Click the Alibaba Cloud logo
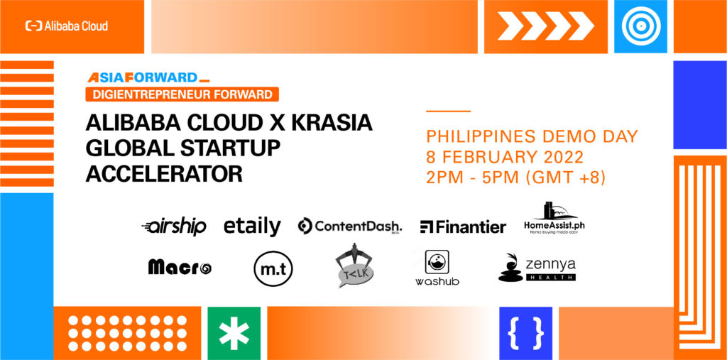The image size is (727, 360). tap(67, 26)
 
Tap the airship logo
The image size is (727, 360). tap(174, 227)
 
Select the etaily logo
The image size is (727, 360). tap(252, 227)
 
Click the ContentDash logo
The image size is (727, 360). tap(349, 227)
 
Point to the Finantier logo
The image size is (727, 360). tap(463, 227)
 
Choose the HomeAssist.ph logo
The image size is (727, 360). tap(554, 217)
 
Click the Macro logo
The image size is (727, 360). tap(180, 267)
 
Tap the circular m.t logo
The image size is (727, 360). tap(273, 268)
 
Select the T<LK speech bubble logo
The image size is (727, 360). tap(354, 266)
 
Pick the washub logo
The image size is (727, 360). tap(437, 268)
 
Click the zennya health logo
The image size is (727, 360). tap(537, 268)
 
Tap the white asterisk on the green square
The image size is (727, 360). tap(234, 334)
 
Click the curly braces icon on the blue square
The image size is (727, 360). tap(526, 334)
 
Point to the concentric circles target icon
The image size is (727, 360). tap(640, 26)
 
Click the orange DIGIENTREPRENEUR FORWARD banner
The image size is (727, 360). tap(182, 94)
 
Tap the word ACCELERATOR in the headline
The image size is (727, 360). tap(164, 175)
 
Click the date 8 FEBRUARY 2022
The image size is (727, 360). tap(505, 157)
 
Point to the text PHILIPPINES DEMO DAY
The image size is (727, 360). tap(532, 136)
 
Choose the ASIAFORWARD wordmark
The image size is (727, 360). tap(148, 77)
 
